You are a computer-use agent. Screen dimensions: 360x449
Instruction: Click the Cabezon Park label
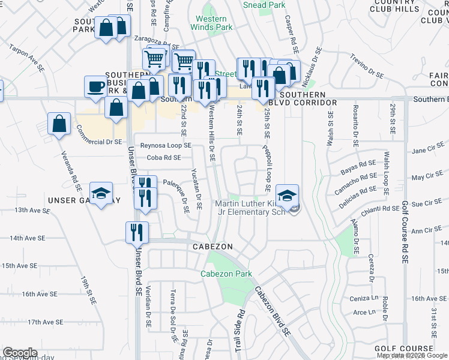tap(226, 274)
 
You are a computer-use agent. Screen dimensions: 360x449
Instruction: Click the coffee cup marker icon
tap(95, 86)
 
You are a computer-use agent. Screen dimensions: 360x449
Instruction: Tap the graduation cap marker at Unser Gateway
tap(101, 194)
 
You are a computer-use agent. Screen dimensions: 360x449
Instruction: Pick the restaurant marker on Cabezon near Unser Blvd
tap(137, 232)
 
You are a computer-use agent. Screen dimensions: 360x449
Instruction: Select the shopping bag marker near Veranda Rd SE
tap(59, 125)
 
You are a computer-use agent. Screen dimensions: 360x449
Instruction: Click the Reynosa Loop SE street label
tap(166, 146)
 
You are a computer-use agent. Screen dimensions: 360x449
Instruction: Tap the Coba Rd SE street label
tap(164, 158)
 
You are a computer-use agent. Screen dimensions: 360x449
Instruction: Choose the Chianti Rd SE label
tap(380, 209)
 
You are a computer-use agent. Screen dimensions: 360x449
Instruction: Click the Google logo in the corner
tap(20, 353)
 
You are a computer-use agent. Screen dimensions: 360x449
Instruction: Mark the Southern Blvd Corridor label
tap(303, 99)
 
